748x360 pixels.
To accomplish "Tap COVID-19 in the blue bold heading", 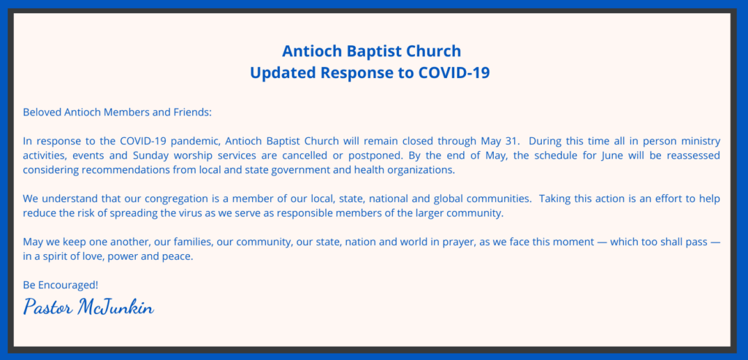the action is pos(454,73).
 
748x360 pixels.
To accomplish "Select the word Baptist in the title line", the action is pos(370,50).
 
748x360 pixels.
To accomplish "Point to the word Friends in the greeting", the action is pos(191,113).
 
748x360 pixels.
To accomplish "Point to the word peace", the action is pos(180,256).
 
